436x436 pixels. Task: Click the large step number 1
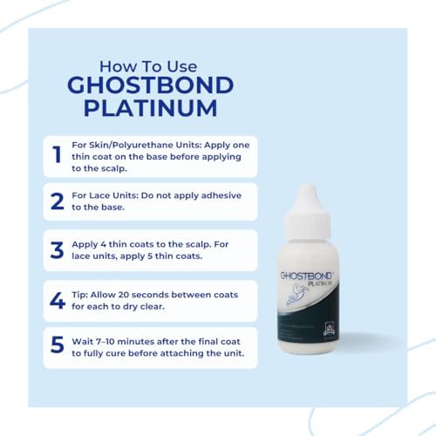point(57,155)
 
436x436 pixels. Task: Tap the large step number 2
point(58,201)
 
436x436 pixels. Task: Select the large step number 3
point(58,250)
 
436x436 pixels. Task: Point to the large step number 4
point(58,300)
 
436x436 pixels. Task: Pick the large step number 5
point(58,345)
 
